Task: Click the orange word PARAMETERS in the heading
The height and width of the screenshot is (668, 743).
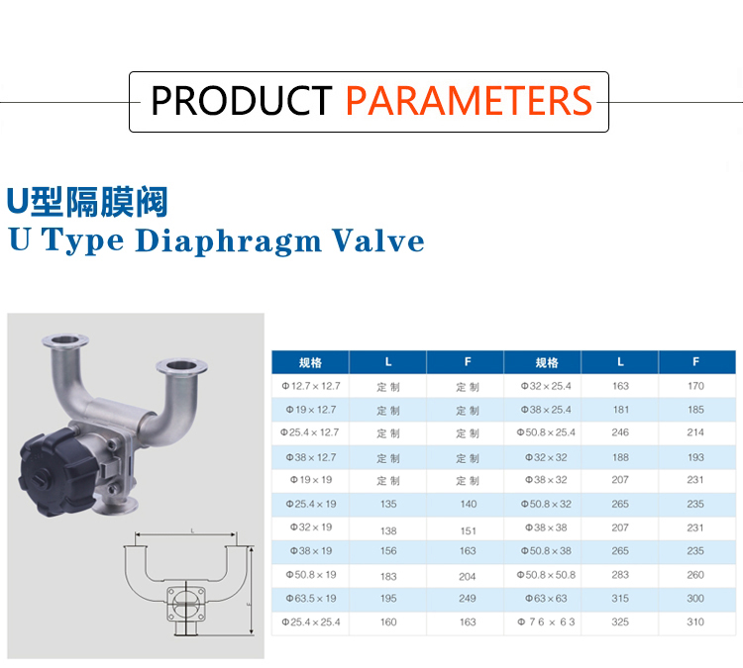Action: pos(469,101)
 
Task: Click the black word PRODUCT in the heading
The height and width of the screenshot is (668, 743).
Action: pos(241,101)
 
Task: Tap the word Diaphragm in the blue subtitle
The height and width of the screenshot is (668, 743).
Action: pos(229,240)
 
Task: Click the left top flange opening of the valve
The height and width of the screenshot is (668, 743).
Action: pos(65,339)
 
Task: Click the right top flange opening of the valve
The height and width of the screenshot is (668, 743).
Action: pos(182,365)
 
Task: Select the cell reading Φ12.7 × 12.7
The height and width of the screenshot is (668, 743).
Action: pos(311,386)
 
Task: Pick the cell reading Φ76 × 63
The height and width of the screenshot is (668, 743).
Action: pos(546,621)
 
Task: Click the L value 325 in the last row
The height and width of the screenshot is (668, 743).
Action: pos(620,621)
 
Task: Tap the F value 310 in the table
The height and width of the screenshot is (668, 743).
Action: pos(695,621)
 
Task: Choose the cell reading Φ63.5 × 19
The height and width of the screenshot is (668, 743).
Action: pos(311,598)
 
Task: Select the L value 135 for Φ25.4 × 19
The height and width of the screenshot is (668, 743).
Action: pos(388,504)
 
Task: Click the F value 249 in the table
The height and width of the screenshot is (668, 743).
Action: pos(468,598)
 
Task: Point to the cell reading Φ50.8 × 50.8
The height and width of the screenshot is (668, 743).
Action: pos(546,575)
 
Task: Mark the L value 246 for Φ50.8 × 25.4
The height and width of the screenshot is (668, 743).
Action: pos(620,432)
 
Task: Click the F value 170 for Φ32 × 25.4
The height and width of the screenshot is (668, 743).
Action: pos(695,386)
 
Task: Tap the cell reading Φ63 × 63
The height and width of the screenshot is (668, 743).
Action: pos(546,598)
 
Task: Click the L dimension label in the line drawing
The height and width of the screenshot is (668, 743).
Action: pos(192,531)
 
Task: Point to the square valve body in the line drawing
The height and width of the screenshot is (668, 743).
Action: pos(186,604)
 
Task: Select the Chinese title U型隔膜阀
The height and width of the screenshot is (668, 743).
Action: pos(87,202)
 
